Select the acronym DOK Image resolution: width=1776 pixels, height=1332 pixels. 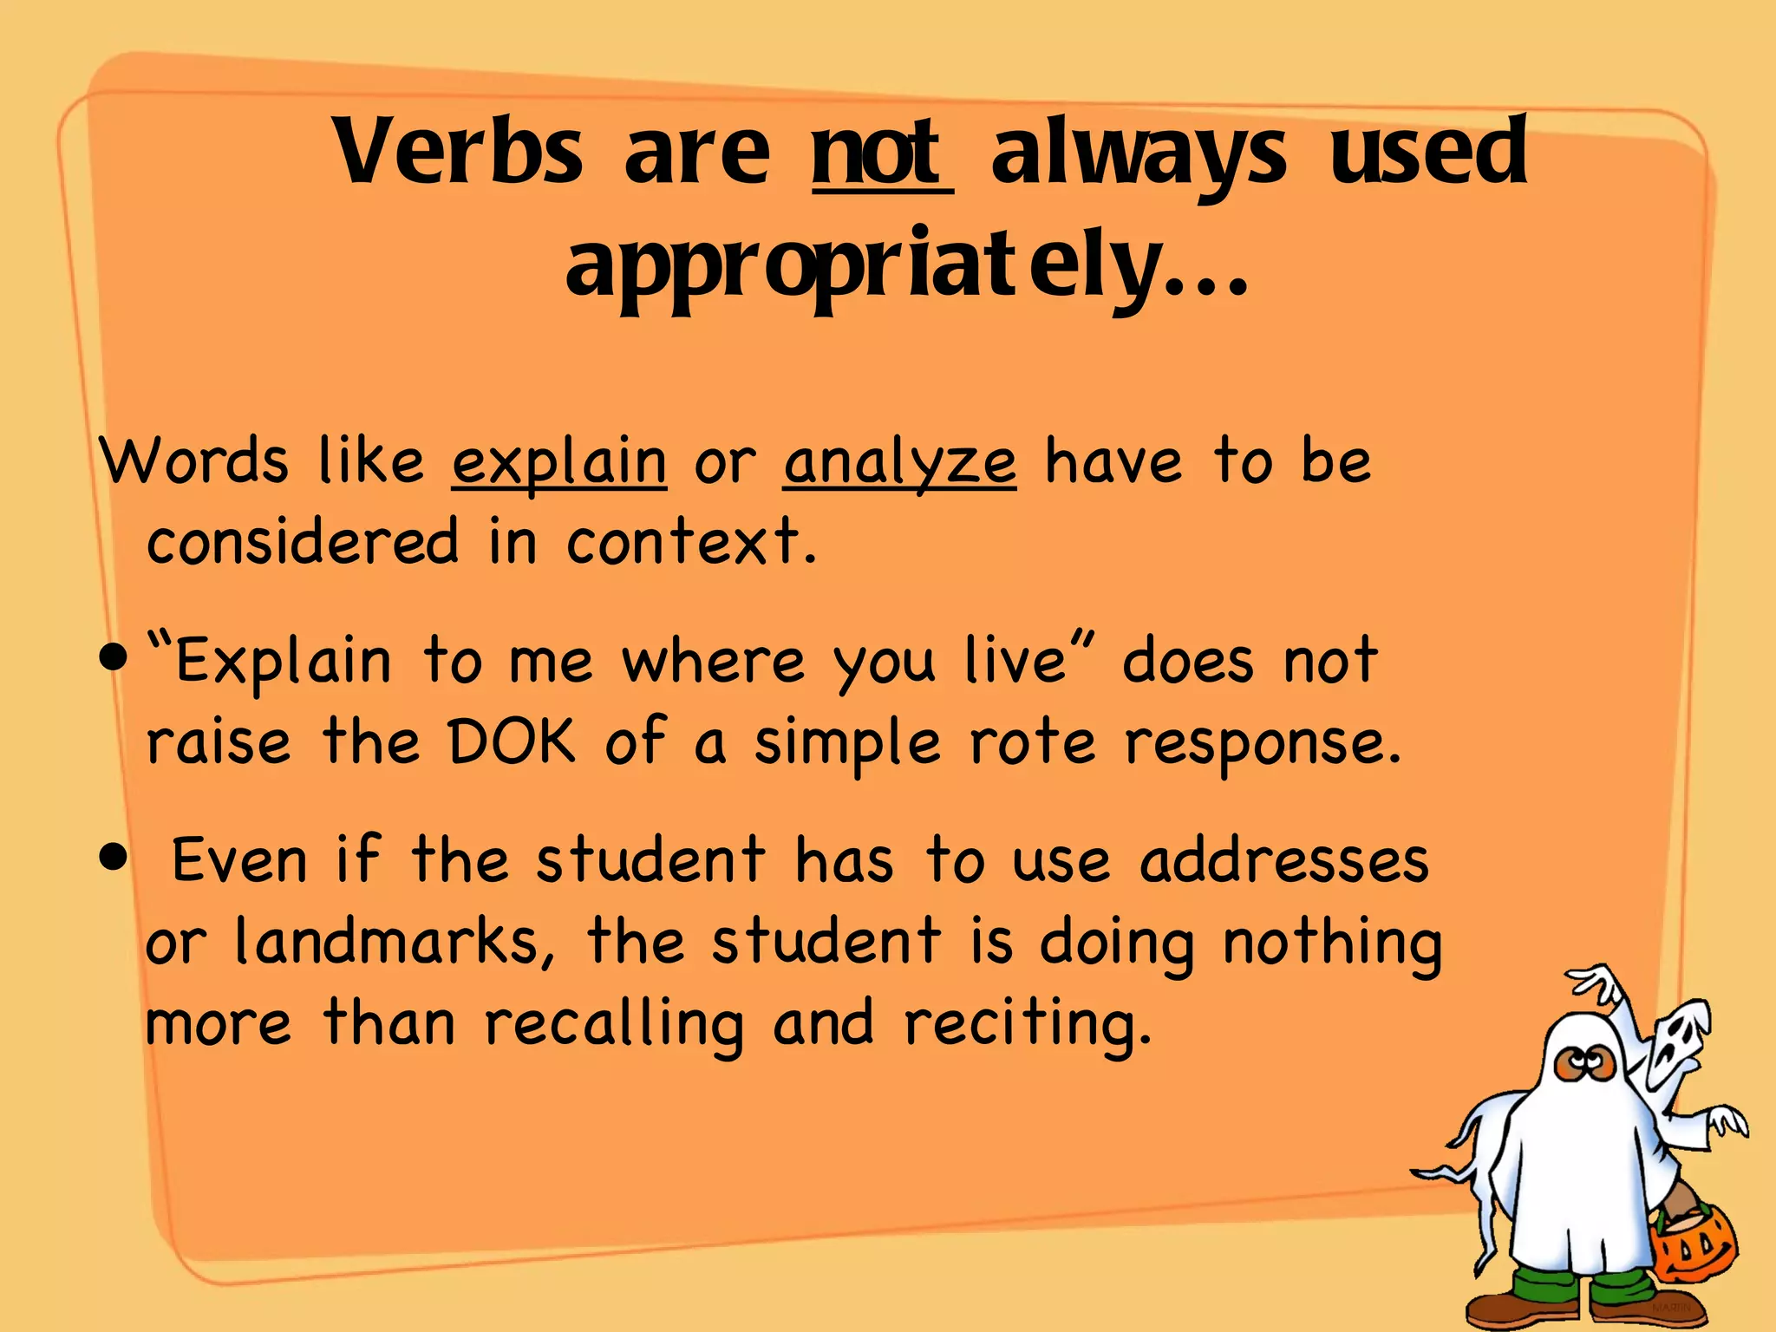click(x=512, y=742)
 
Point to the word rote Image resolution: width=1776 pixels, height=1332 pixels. click(x=1032, y=742)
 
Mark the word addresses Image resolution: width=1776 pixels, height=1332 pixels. click(x=1283, y=860)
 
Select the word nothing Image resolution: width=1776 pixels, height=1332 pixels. click(x=1332, y=943)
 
